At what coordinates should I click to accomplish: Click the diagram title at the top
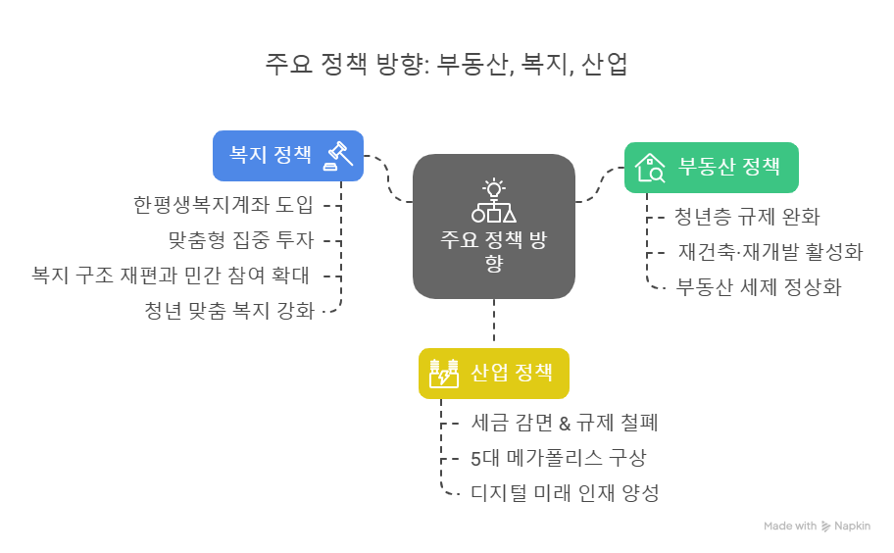pyautogui.click(x=446, y=65)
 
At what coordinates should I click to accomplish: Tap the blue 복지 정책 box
pyautogui.click(x=288, y=155)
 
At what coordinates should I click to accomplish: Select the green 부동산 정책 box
pyautogui.click(x=711, y=167)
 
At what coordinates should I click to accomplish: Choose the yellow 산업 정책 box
pyautogui.click(x=493, y=373)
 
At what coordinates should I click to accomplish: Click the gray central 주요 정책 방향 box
pyautogui.click(x=493, y=226)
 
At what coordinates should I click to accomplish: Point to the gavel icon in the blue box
pyautogui.click(x=338, y=155)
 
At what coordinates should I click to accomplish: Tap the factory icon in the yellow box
pyautogui.click(x=443, y=374)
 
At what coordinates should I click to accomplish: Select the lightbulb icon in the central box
pyautogui.click(x=493, y=187)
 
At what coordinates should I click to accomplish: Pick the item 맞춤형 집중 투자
pyautogui.click(x=240, y=240)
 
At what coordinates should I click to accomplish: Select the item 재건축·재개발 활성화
pyautogui.click(x=770, y=251)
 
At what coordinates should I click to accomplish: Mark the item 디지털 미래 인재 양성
pyautogui.click(x=565, y=492)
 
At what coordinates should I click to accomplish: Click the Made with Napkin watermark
pyautogui.click(x=817, y=527)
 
